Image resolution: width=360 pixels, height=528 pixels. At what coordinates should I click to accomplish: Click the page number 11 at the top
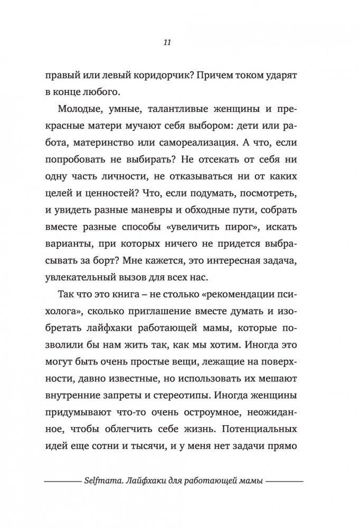[180, 43]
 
